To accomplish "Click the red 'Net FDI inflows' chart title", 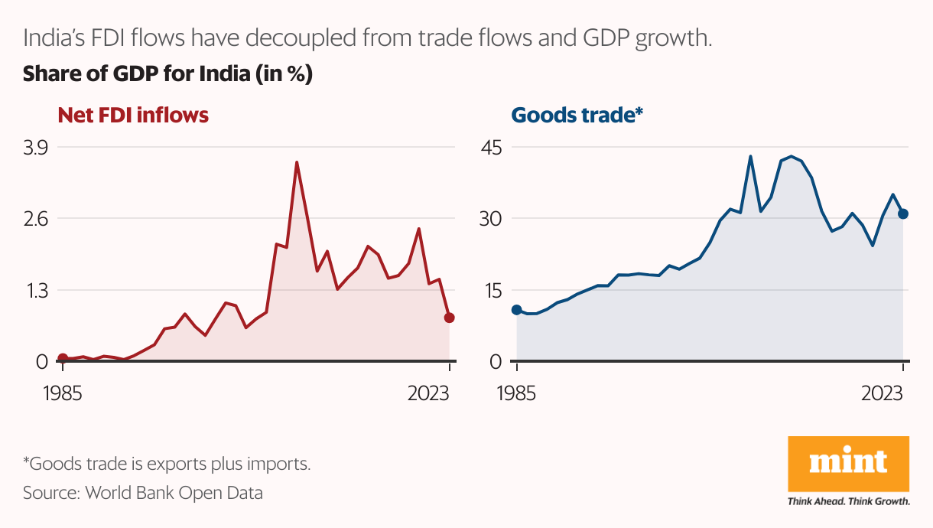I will click(x=133, y=115).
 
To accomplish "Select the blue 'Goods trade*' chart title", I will click(x=577, y=115).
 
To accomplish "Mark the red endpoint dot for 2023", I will click(x=450, y=318).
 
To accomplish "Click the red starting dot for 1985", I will click(x=63, y=358).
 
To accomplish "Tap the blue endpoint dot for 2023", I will click(x=903, y=213).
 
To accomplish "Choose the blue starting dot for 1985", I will click(x=517, y=310).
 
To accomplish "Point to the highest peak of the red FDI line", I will click(x=296, y=162).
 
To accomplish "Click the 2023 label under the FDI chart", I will click(x=430, y=395).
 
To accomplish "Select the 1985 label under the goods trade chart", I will click(x=517, y=395).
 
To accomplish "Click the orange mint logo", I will click(x=848, y=464).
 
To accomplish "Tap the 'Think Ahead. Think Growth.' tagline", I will click(x=848, y=502).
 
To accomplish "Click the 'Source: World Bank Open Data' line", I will click(x=142, y=493).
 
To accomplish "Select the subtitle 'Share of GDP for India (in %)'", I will click(x=167, y=75).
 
